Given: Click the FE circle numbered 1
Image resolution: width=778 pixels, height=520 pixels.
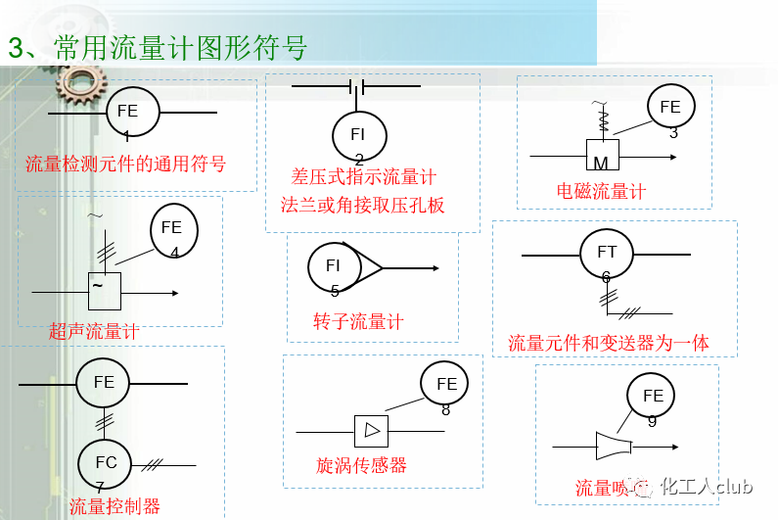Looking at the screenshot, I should click(129, 112).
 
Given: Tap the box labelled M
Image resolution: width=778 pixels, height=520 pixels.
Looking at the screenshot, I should click(603, 157).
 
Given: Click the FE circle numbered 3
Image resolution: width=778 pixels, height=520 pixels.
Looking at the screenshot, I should click(670, 108).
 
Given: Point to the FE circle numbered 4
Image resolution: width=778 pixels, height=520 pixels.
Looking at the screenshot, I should click(173, 229).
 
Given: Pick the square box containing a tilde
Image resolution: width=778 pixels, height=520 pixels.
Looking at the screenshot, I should click(104, 290).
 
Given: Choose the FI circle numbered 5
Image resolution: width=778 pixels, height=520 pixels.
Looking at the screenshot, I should click(334, 266).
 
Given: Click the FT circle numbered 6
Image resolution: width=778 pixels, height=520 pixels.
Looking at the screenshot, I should click(607, 254).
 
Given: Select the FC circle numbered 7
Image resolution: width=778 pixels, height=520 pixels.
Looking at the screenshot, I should click(104, 462).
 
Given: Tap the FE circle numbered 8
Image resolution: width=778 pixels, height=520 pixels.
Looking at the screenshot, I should click(446, 385).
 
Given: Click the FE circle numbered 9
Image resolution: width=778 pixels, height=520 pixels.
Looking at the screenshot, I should click(653, 397).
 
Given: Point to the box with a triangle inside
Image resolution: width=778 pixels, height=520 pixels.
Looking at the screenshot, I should click(371, 430).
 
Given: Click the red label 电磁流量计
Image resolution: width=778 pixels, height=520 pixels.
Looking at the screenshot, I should click(601, 192).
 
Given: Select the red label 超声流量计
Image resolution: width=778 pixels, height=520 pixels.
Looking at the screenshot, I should click(94, 332).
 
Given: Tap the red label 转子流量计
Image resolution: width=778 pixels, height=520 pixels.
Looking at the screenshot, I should click(358, 322).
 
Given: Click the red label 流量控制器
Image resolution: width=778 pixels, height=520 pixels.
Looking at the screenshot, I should click(114, 506).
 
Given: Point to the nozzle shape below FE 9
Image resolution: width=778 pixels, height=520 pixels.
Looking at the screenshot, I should click(614, 446).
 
